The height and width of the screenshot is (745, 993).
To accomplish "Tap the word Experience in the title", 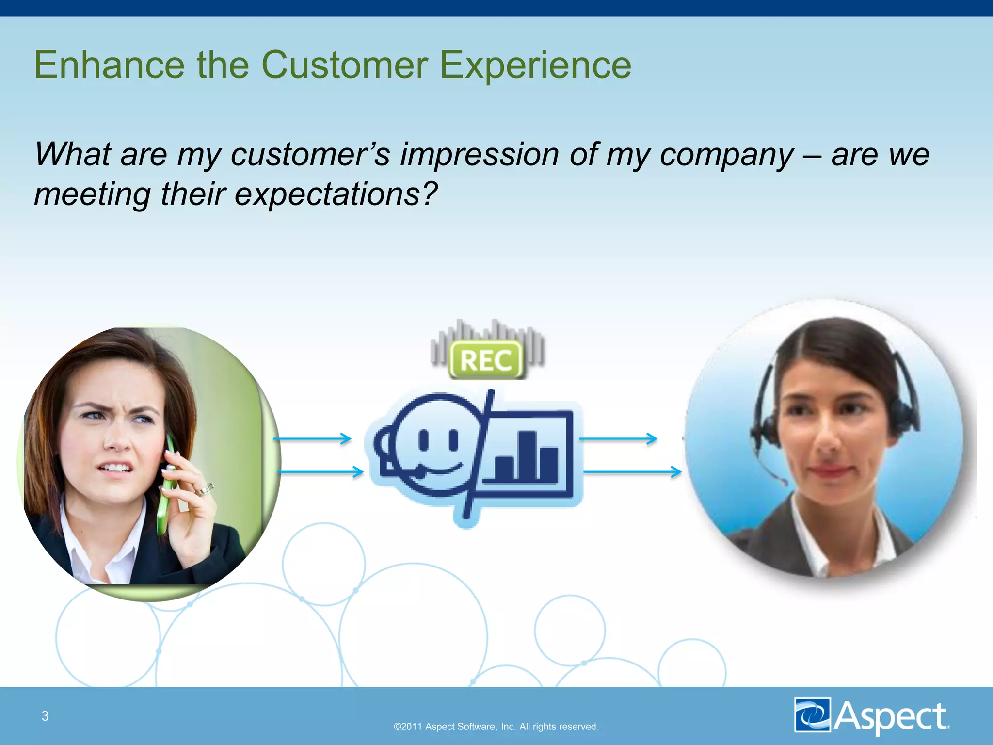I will coord(535,65).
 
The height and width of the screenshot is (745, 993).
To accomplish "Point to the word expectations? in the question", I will coord(336,194).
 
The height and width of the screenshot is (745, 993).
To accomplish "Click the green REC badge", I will coord(486,360).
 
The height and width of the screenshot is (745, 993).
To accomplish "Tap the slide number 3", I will coord(45,716).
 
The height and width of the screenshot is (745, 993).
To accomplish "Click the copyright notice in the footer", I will coord(496,727).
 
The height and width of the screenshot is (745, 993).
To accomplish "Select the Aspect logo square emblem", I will coord(813,715).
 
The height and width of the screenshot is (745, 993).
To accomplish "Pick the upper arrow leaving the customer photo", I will coord(312,439).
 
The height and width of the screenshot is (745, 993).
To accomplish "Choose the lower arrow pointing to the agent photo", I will coord(632,471).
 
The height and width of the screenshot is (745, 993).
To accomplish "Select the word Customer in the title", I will coord(345,65).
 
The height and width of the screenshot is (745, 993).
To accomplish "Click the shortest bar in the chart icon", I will coord(504,468).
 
